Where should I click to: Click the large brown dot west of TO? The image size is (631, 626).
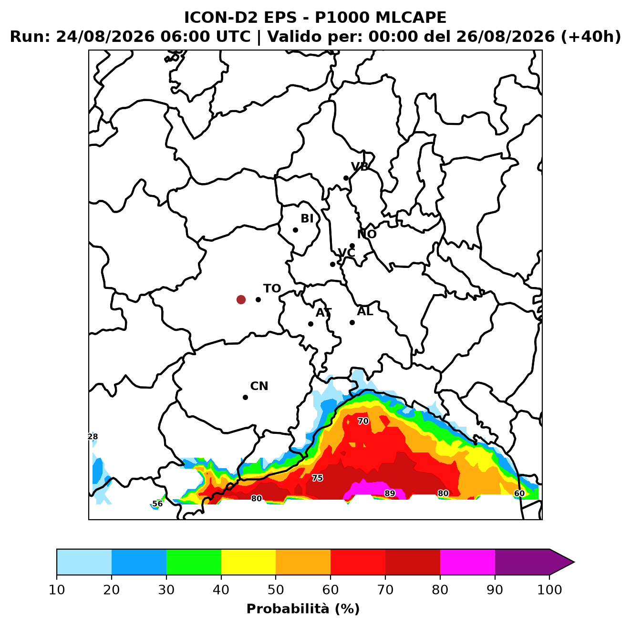coord(241,299)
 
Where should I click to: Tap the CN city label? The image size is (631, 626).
coord(259,386)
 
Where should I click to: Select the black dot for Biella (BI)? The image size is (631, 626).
coord(295,230)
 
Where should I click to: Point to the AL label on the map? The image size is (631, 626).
coord(365,311)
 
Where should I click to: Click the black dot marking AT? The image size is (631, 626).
coord(310,324)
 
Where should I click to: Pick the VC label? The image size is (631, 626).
coord(346,253)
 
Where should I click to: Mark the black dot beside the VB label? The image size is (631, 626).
coord(346,178)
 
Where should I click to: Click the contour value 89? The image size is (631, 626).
coord(390,493)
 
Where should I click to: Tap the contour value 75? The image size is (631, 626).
coord(317,478)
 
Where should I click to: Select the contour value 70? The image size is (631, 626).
coord(363,421)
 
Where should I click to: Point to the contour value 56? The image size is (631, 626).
coord(157,503)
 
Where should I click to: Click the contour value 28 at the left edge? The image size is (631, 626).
coord(93,436)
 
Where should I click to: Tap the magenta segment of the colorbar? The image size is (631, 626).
coord(467,562)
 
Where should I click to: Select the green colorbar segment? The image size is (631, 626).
coord(194,562)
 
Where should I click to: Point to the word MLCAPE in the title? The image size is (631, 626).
coord(411,18)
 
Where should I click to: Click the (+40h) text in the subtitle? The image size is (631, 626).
coord(590,37)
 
